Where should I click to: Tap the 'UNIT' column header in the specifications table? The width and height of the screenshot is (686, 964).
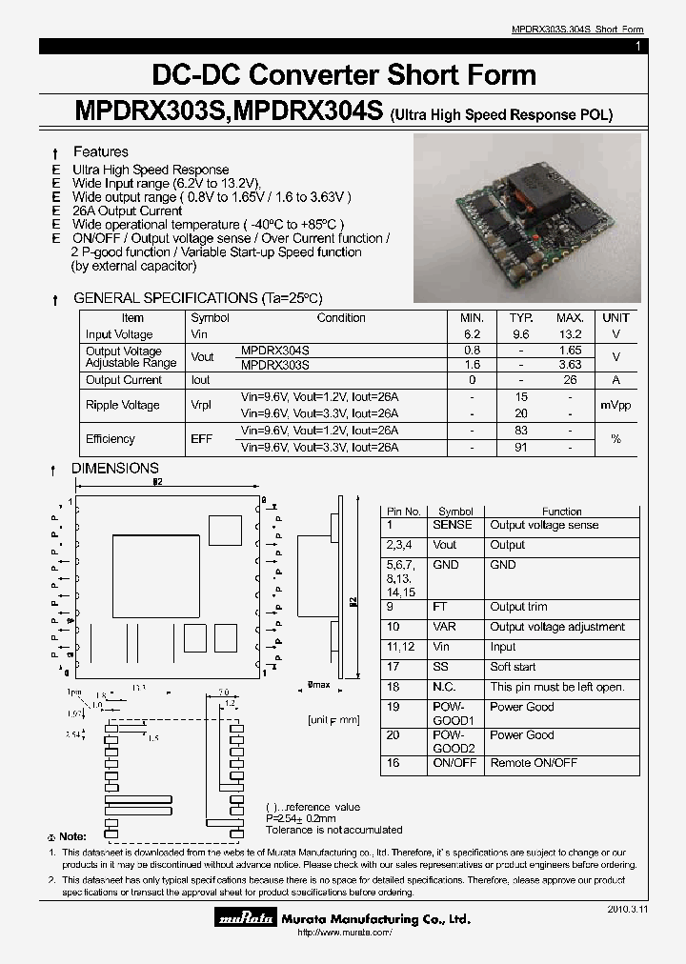[615, 318]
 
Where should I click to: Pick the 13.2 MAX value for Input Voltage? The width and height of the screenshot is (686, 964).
[570, 334]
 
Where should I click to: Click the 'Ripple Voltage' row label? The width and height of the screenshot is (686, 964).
[123, 405]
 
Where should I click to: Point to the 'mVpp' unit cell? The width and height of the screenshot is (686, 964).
[615, 405]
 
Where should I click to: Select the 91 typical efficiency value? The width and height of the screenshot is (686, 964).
[520, 447]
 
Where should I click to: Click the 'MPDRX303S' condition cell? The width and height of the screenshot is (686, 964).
[275, 364]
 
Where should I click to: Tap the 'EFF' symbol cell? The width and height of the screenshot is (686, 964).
[202, 439]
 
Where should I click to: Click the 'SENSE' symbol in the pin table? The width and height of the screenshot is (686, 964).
[452, 525]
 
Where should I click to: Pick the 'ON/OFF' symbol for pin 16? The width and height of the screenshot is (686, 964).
[454, 763]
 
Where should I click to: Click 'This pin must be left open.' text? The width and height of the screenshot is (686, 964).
[556, 687]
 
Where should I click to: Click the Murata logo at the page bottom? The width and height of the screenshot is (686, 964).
[245, 919]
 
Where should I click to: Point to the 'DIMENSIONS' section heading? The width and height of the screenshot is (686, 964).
[115, 468]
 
